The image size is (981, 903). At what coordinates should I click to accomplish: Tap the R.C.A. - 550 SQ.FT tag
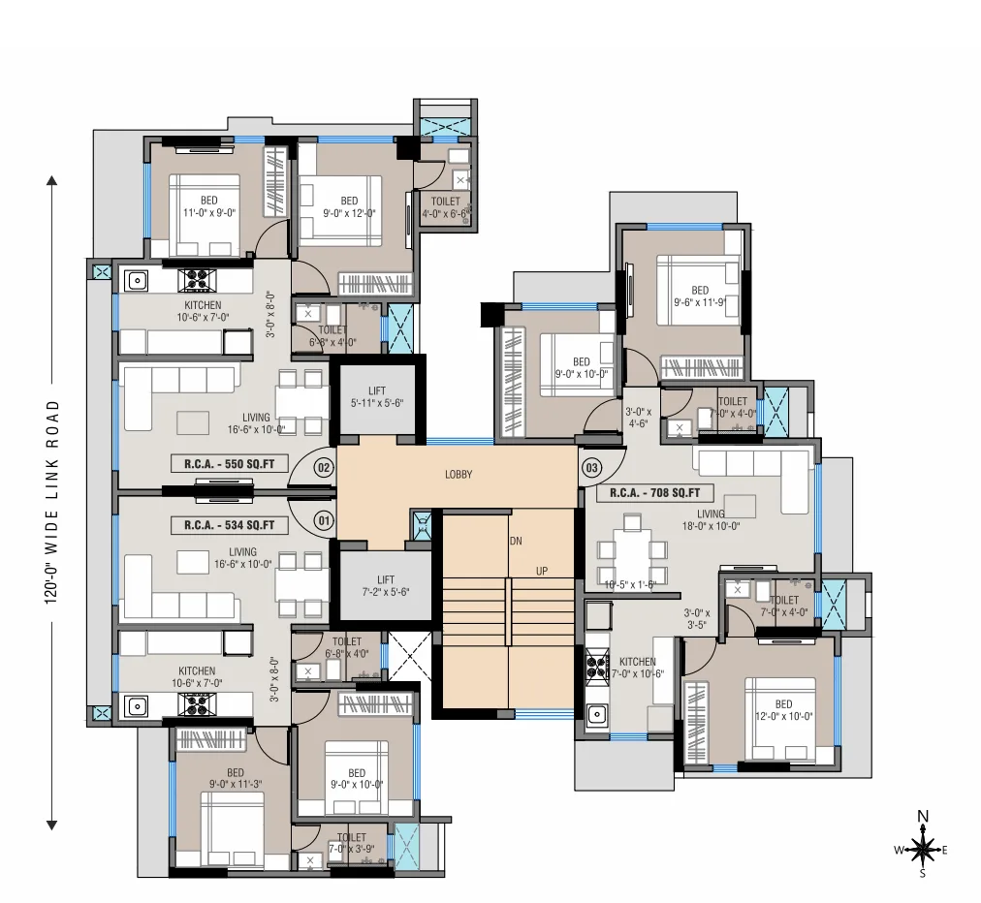point(229,464)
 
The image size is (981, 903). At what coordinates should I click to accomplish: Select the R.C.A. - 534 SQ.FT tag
point(229,525)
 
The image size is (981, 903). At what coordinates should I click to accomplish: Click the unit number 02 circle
point(324,467)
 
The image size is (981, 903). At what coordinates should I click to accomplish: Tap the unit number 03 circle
point(591,467)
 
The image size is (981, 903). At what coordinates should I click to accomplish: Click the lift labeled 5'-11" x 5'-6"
point(377,396)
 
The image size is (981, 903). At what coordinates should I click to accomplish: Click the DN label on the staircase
point(516,541)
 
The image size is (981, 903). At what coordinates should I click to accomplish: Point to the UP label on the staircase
point(542,572)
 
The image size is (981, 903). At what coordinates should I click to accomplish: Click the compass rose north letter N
point(923,816)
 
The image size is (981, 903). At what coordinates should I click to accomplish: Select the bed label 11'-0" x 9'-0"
point(208,206)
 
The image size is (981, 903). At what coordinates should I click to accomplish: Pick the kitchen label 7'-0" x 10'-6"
point(637,668)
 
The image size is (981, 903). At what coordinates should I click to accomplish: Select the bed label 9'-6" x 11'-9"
point(700,296)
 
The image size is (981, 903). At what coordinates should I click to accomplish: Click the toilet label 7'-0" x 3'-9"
point(351,843)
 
